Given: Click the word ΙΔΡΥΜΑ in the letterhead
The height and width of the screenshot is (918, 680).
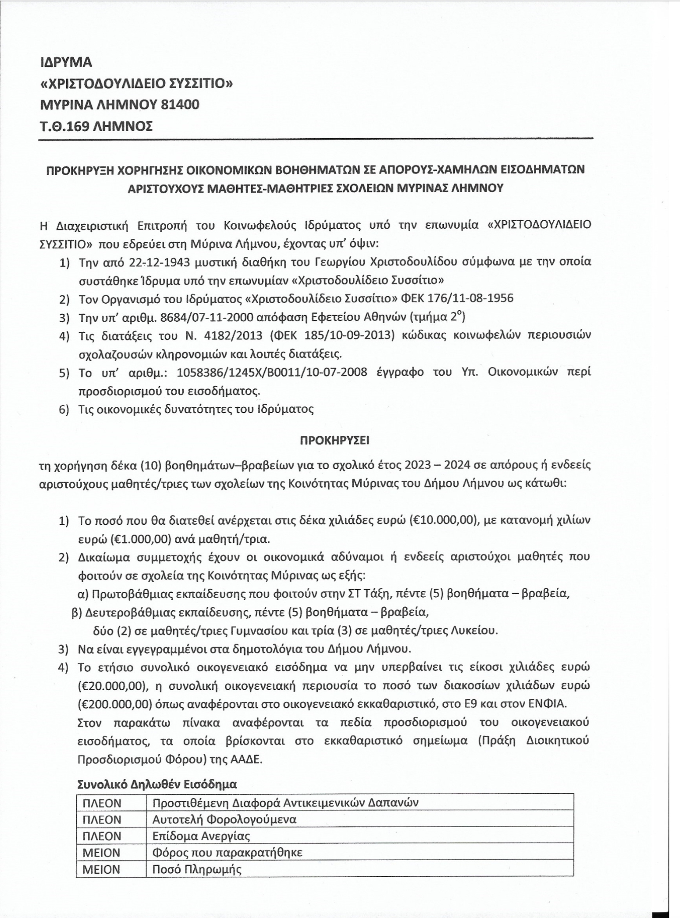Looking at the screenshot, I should pyautogui.click(x=66, y=62).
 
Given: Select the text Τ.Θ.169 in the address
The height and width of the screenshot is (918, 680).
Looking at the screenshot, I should pyautogui.click(x=63, y=126).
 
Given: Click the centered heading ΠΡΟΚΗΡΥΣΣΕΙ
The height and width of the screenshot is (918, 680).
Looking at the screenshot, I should pyautogui.click(x=334, y=440).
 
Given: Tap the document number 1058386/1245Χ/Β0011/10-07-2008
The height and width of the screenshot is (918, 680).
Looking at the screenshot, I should pyautogui.click(x=272, y=372).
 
